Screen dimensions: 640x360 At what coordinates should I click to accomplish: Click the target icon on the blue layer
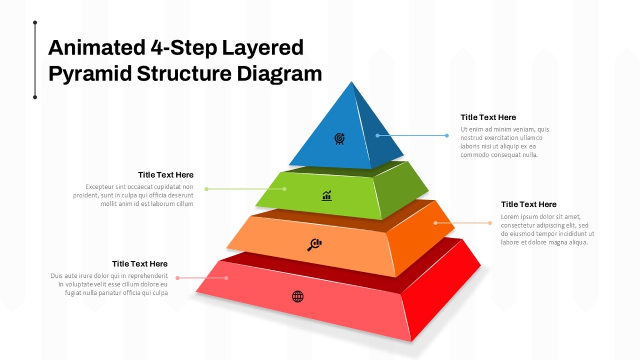pyautogui.click(x=339, y=139)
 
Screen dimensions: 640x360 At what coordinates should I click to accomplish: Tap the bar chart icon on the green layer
pyautogui.click(x=326, y=196)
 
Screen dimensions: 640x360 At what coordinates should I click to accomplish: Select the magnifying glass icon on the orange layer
pyautogui.click(x=314, y=245)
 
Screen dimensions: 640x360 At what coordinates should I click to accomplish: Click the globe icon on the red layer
pyautogui.click(x=298, y=297)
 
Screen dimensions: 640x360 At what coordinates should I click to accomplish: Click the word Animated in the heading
pyautogui.click(x=97, y=47)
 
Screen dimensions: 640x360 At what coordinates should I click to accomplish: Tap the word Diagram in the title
pyautogui.click(x=279, y=74)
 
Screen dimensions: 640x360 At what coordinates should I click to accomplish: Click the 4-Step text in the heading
pyautogui.click(x=183, y=48)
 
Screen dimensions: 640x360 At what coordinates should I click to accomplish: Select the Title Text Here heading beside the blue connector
pyautogui.click(x=488, y=117)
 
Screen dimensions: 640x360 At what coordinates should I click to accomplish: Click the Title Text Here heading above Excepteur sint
pyautogui.click(x=166, y=174)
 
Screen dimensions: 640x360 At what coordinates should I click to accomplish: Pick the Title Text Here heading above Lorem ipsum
pyautogui.click(x=529, y=204)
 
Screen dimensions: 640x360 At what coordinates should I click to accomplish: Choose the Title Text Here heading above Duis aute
pyautogui.click(x=140, y=263)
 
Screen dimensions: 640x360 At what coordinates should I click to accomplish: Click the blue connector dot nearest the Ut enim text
pyautogui.click(x=447, y=135)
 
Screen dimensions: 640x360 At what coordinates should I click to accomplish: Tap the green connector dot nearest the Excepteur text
pyautogui.click(x=206, y=189)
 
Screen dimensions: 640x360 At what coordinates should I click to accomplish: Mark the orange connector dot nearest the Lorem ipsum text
pyautogui.click(x=490, y=223)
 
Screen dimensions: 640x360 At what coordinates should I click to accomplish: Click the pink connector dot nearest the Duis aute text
pyautogui.click(x=178, y=278)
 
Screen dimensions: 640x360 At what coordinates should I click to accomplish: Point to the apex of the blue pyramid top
pyautogui.click(x=351, y=82)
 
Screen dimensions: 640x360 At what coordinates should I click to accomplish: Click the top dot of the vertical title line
pyautogui.click(x=35, y=22)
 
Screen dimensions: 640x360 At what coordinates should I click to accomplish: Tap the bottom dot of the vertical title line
pyautogui.click(x=35, y=98)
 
